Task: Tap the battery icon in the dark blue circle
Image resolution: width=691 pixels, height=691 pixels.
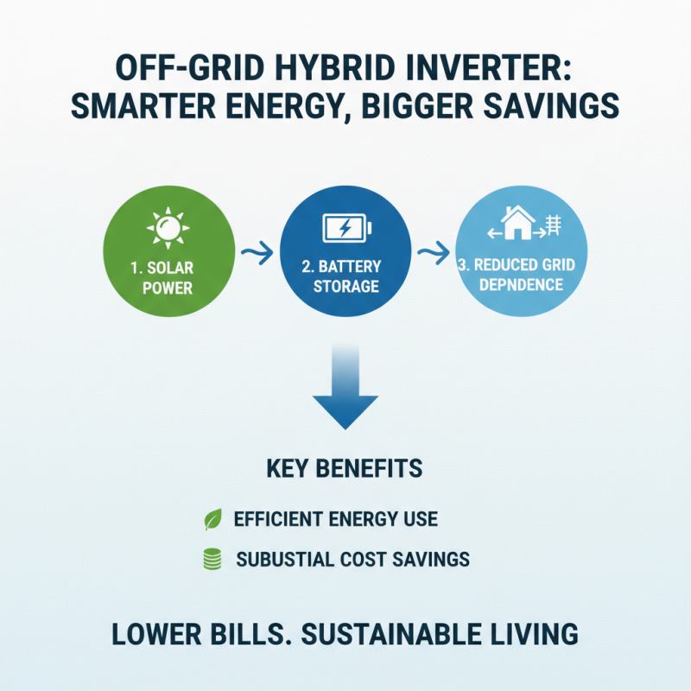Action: point(345,229)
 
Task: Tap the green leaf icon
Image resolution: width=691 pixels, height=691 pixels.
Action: point(212,520)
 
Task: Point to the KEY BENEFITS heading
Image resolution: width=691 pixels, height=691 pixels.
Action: point(345,469)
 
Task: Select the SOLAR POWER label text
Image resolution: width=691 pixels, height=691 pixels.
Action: point(167,276)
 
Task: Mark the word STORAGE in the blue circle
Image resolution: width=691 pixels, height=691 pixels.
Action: point(345,286)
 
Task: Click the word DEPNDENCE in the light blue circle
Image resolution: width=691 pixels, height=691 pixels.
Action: point(522,285)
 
